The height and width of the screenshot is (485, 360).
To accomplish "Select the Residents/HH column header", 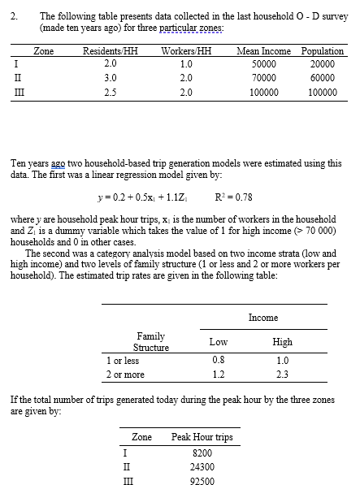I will pyautogui.click(x=111, y=51).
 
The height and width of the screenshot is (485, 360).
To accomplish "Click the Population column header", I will pyautogui.click(x=322, y=51).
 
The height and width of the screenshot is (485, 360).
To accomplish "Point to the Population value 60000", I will pyautogui.click(x=323, y=78).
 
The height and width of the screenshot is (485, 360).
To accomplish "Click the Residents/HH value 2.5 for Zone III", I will pyautogui.click(x=111, y=93).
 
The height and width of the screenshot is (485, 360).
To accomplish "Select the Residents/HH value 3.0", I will pyautogui.click(x=111, y=78).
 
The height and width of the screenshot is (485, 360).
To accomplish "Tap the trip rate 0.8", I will pyautogui.click(x=218, y=359).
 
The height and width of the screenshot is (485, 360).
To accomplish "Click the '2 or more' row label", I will pyautogui.click(x=125, y=375).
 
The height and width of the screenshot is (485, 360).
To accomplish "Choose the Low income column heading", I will pyautogui.click(x=218, y=342).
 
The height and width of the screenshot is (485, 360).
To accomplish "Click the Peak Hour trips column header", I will pyautogui.click(x=202, y=437).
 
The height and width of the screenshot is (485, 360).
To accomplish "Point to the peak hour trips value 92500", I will pyautogui.click(x=202, y=480).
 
